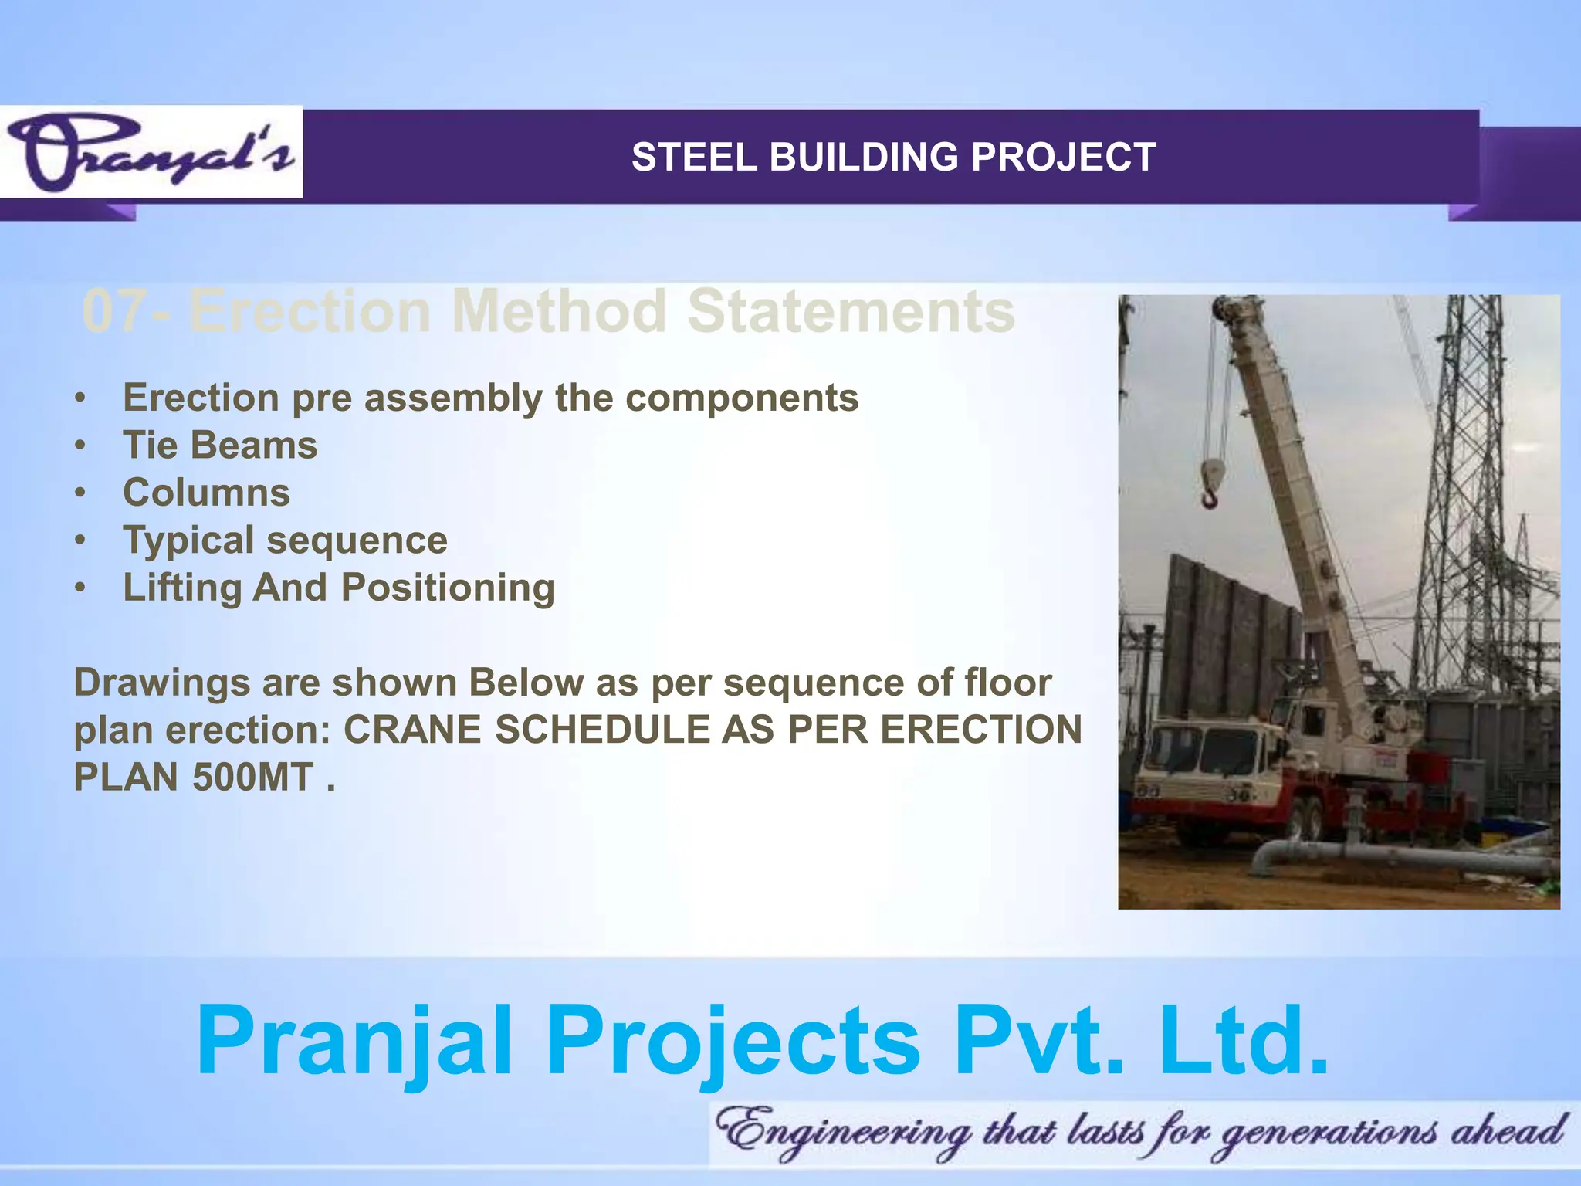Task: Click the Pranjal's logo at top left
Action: pyautogui.click(x=151, y=153)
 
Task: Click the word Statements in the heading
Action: pyautogui.click(x=851, y=311)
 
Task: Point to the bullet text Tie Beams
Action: pyautogui.click(x=220, y=446)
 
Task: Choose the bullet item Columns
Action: pyautogui.click(x=206, y=493)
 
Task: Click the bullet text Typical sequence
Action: pyautogui.click(x=285, y=540)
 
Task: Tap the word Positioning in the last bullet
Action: pyautogui.click(x=448, y=588)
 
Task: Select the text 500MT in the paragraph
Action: pyautogui.click(x=252, y=777)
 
